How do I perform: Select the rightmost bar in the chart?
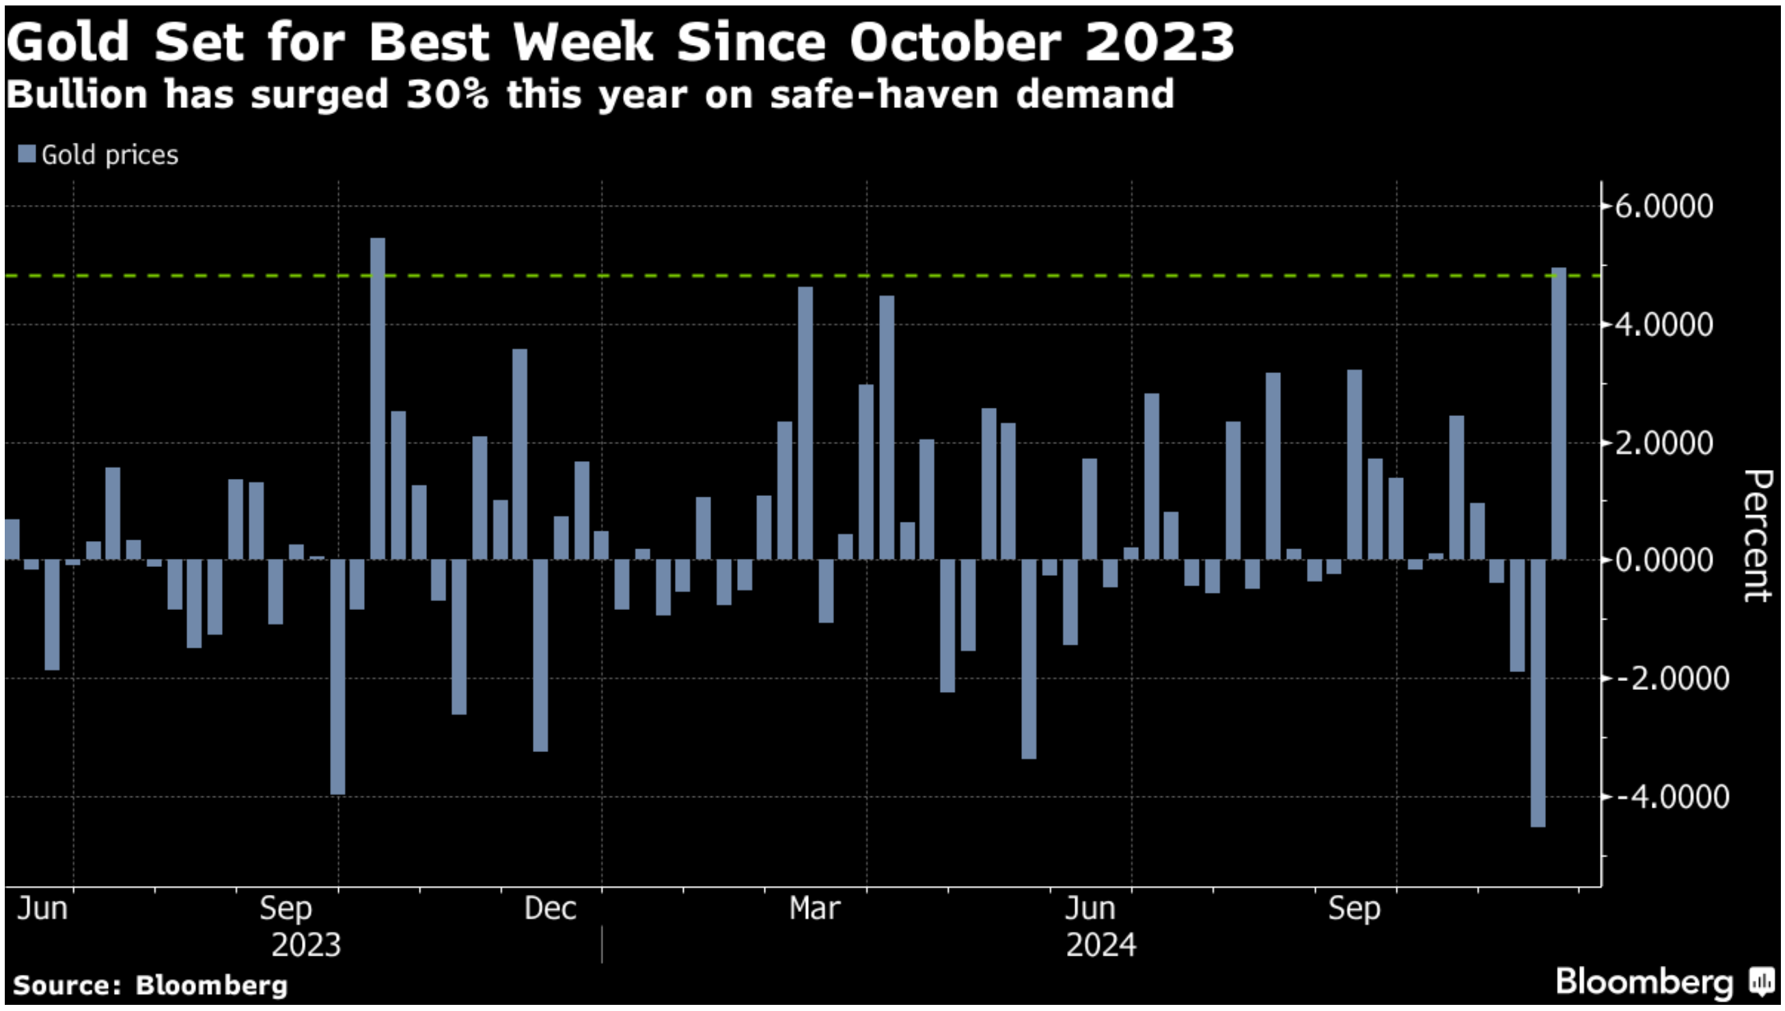tap(1558, 413)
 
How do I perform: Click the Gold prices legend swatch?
tap(27, 154)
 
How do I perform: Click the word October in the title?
tap(955, 42)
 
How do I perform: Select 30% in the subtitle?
tap(448, 94)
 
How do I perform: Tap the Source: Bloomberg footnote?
tap(150, 985)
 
